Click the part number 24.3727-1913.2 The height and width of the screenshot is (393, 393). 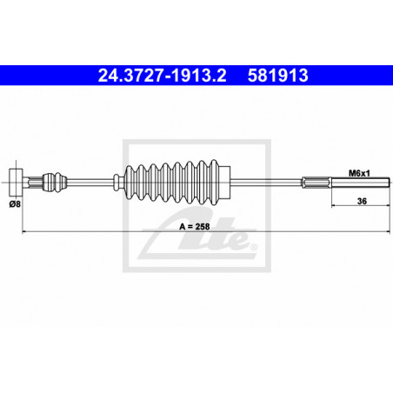(x=162, y=76)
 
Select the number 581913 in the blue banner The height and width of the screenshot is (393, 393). (x=277, y=76)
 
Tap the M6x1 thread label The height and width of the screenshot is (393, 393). (x=359, y=173)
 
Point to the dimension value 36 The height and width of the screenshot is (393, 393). (x=362, y=201)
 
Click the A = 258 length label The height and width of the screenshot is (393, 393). (x=195, y=226)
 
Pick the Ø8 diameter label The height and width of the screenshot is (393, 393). (x=15, y=204)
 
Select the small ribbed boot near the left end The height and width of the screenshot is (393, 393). (x=55, y=182)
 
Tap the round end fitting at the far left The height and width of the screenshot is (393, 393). (x=16, y=182)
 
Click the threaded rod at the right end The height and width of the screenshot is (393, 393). (x=361, y=183)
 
